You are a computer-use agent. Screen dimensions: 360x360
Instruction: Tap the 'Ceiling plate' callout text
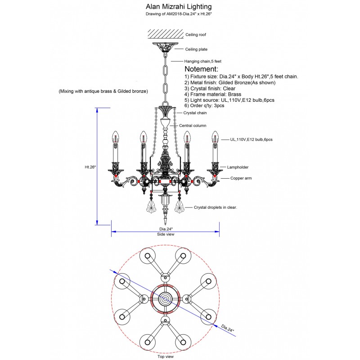coord(197,49)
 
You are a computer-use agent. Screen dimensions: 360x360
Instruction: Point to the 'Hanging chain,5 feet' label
coord(202,61)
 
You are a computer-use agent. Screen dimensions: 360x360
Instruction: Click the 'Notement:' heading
coord(202,69)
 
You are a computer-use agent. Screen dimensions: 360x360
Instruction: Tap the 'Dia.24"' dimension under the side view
coord(166,229)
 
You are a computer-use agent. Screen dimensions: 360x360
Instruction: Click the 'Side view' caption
coord(166,234)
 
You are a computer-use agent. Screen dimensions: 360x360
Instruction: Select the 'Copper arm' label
coord(241,178)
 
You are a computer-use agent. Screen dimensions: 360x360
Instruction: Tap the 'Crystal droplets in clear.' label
coord(215,207)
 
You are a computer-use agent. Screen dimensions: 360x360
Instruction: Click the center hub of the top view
coord(165,299)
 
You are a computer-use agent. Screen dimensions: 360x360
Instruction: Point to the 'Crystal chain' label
coord(195,113)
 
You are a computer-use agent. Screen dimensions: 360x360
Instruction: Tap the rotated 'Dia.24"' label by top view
coord(228,328)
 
